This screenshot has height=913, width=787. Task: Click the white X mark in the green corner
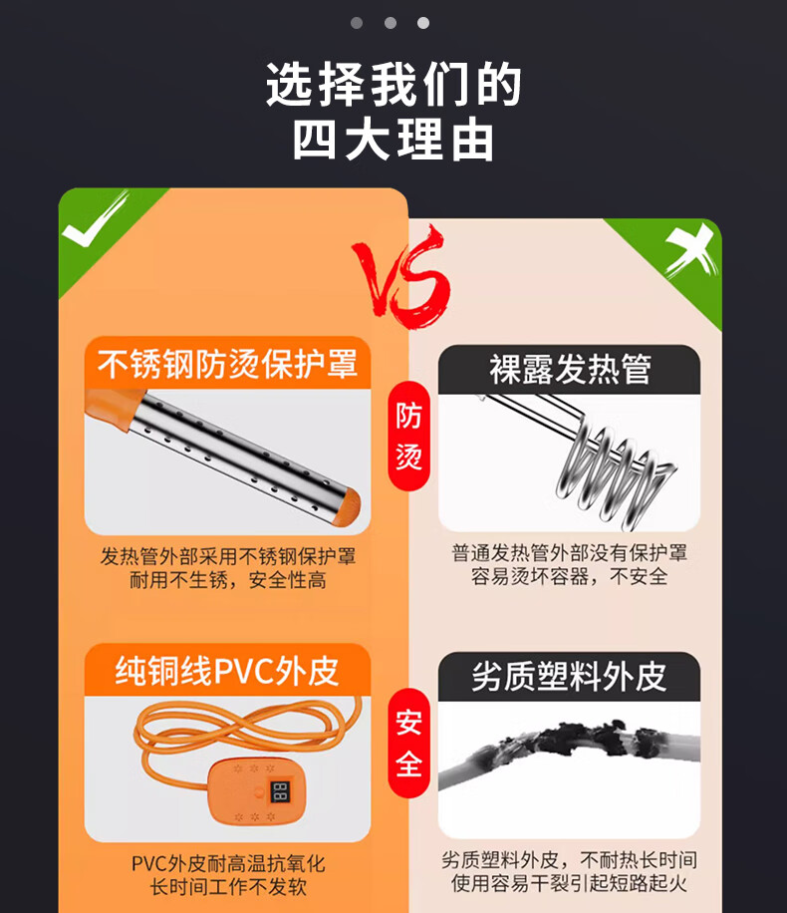click(x=690, y=250)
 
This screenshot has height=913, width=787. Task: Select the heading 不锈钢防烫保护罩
click(x=227, y=364)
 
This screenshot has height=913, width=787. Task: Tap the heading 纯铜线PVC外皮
click(x=227, y=671)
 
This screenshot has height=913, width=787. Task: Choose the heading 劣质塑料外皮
click(x=569, y=677)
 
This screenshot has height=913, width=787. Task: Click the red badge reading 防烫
click(x=408, y=436)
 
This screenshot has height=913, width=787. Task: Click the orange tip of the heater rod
click(x=347, y=504)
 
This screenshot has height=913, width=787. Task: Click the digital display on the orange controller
click(x=280, y=791)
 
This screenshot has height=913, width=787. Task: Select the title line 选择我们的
click(x=393, y=84)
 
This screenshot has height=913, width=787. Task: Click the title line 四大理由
click(x=393, y=140)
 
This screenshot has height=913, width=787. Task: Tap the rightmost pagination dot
click(x=423, y=23)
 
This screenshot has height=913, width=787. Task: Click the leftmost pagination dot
click(x=357, y=23)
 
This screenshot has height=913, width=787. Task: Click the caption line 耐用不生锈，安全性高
click(x=227, y=580)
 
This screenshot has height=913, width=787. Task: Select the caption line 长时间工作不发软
click(x=228, y=887)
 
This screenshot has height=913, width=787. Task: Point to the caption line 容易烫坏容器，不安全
click(x=569, y=576)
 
